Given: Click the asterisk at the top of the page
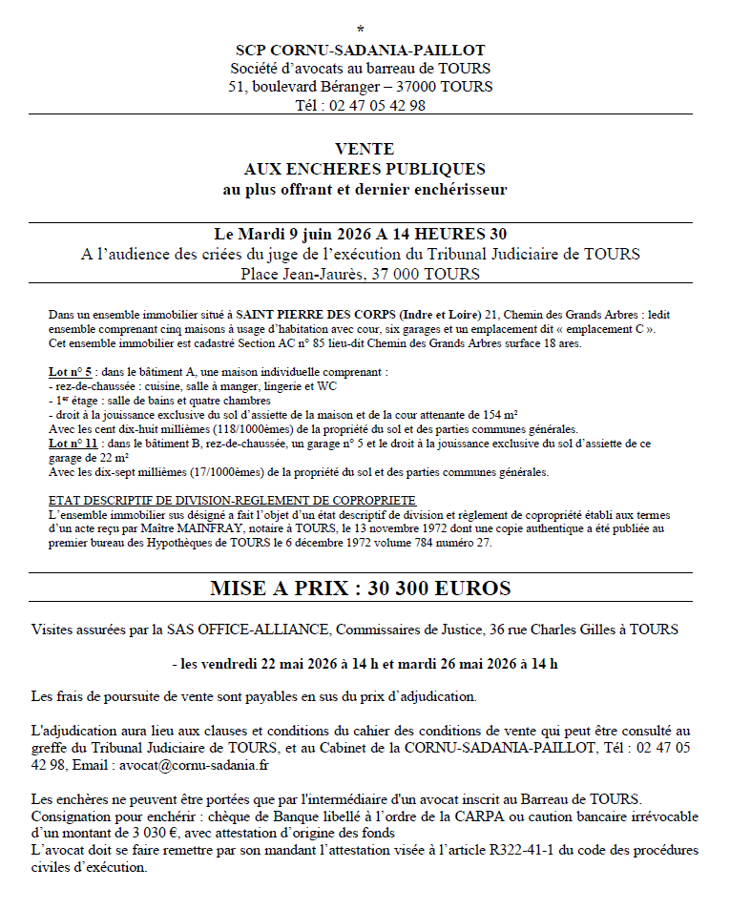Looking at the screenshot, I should point(361,30).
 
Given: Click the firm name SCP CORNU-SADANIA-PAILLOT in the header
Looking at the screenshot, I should point(361,50).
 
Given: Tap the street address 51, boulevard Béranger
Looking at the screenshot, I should point(301,87).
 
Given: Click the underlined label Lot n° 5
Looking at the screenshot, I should point(69,372).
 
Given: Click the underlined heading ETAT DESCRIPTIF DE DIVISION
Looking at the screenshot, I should point(231,501).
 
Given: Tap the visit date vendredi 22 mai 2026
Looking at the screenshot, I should point(280,663).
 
